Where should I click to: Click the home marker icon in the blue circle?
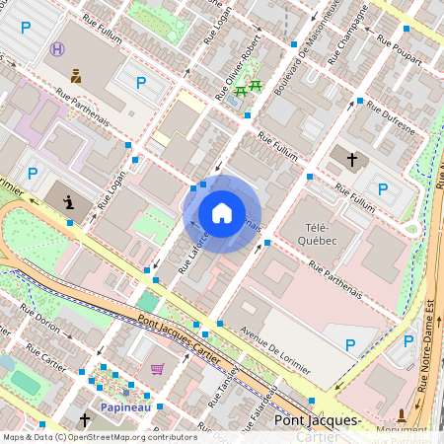pos(222,213)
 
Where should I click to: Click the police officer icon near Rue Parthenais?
pos(75,75)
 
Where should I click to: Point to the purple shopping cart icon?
pos(157,369)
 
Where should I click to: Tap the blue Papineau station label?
pos(124,406)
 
